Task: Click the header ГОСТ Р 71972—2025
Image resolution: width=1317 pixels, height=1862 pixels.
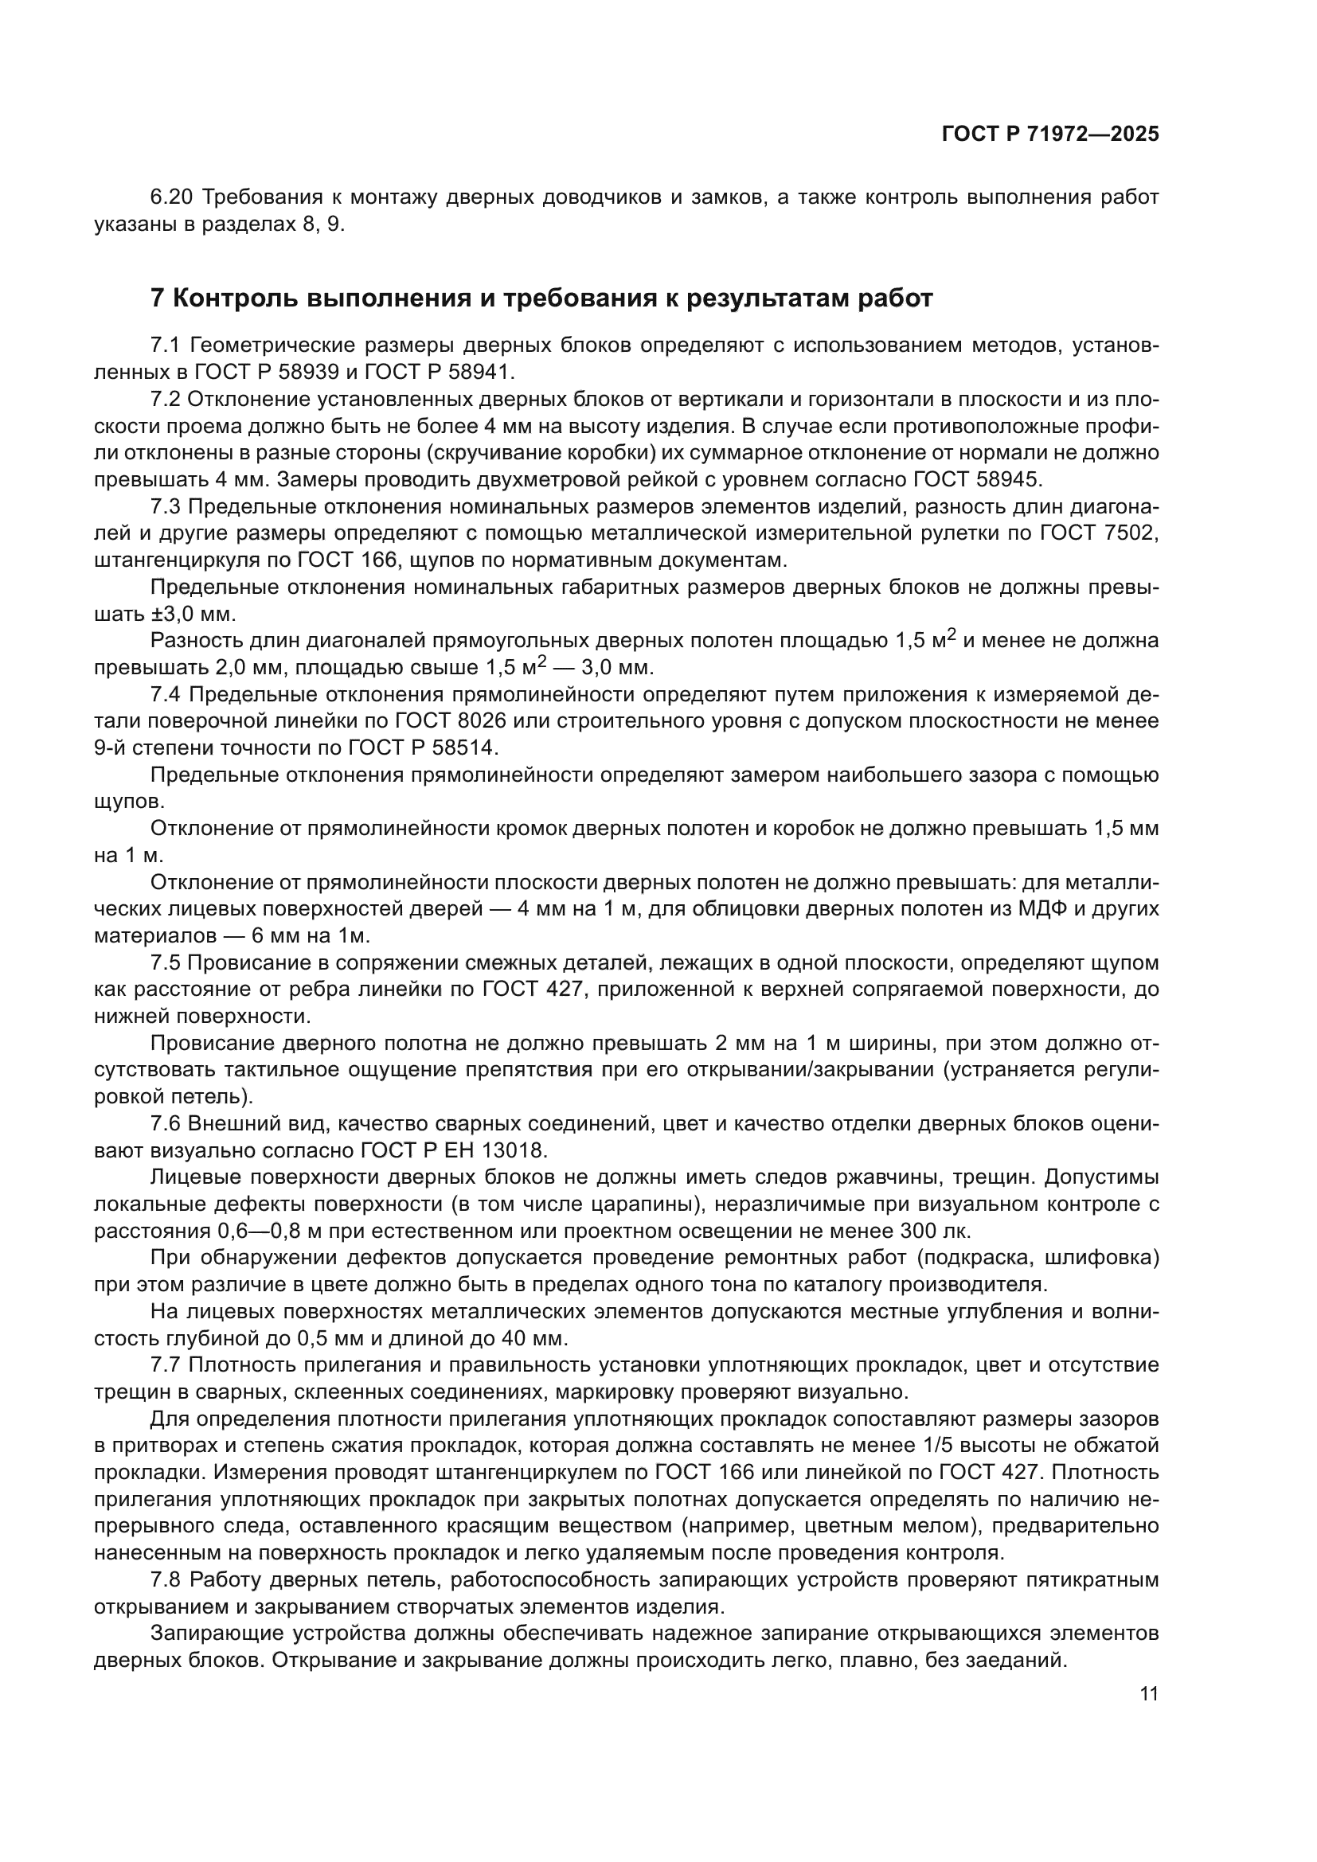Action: [1049, 135]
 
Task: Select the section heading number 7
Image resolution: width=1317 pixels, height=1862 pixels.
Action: [158, 299]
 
